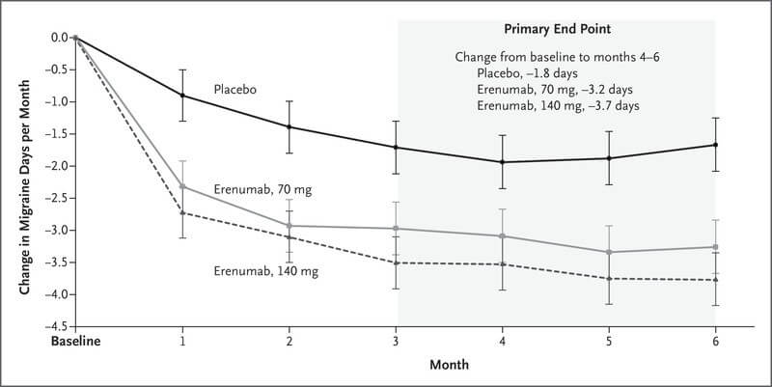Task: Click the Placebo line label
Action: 235,90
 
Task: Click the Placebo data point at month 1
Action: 183,95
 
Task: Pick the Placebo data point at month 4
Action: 502,162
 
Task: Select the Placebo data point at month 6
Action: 715,145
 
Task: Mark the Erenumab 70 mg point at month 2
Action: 289,226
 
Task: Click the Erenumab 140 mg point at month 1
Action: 183,212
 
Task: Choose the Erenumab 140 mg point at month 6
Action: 715,280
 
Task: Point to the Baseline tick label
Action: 77,342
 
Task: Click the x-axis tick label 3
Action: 396,342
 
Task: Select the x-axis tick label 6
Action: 715,342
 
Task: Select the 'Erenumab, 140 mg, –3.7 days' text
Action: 557,104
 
